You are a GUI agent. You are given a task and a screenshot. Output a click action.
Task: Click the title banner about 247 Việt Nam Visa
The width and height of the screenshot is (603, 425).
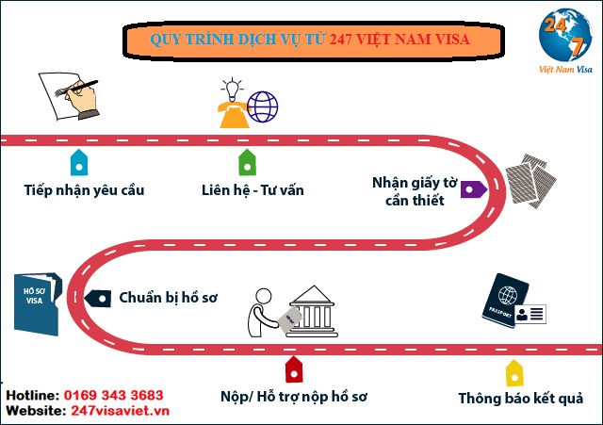click(x=310, y=41)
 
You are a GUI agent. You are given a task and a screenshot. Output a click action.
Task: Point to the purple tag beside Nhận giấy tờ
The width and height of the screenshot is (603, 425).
click(x=473, y=188)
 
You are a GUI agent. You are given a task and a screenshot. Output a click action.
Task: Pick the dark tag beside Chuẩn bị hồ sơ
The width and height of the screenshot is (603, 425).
click(x=98, y=297)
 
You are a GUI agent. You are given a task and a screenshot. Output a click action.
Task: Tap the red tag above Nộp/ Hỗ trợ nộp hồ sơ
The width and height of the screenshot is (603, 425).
click(x=293, y=367)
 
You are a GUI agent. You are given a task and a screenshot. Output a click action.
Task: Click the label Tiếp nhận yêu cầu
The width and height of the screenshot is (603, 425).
click(x=84, y=190)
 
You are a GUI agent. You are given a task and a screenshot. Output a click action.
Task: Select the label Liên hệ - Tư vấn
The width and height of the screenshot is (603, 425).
click(x=253, y=190)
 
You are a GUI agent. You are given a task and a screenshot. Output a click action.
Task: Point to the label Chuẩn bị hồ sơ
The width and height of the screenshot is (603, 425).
click(x=168, y=298)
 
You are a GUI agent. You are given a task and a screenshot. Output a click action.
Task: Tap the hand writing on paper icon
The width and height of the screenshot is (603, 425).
click(x=70, y=92)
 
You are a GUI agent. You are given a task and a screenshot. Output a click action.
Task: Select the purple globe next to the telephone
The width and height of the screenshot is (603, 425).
click(x=263, y=106)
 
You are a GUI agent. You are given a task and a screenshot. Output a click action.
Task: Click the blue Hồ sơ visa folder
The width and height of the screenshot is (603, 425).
click(x=38, y=302)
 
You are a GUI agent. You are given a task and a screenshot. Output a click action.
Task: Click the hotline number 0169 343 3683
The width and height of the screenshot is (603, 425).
click(x=113, y=395)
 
